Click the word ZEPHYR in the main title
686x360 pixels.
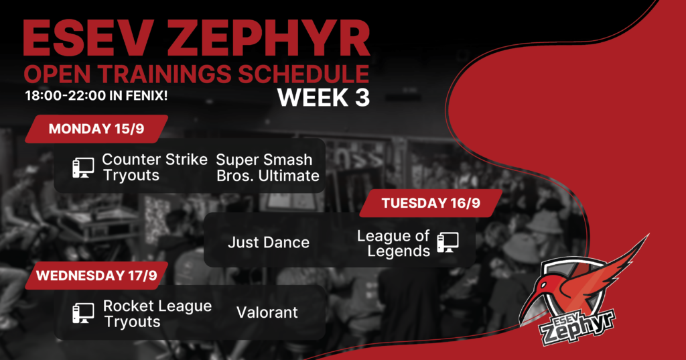(268, 38)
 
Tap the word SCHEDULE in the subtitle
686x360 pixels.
(303, 74)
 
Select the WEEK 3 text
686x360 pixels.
(324, 97)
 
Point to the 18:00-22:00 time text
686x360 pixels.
(65, 95)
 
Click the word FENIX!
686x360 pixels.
(147, 95)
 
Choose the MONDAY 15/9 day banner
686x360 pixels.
(96, 129)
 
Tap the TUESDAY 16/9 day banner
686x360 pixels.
(431, 203)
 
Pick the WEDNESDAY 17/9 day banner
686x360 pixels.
(96, 276)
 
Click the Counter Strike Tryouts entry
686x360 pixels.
(155, 168)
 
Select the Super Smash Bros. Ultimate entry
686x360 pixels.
(268, 168)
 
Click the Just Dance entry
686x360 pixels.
(268, 242)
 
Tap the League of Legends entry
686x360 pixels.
(393, 243)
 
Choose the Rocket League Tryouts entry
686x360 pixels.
(157, 314)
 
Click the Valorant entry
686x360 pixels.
(267, 312)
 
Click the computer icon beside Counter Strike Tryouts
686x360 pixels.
(83, 168)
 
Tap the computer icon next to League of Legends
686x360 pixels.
(448, 243)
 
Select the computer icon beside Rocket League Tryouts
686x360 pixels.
(83, 314)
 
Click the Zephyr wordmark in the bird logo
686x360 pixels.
(577, 328)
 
